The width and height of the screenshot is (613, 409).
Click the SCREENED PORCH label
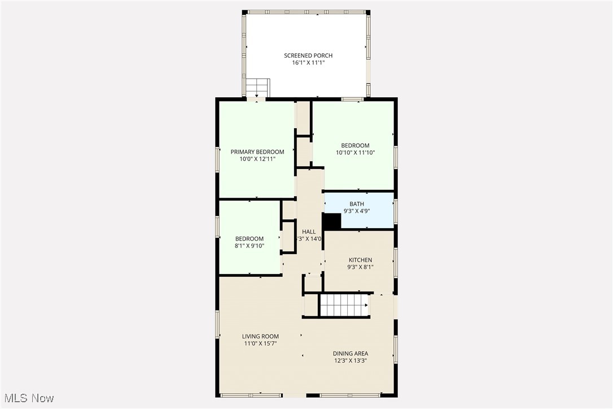click(308, 55)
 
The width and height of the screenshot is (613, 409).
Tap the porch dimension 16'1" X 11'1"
click(308, 63)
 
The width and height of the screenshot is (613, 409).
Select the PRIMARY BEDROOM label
click(257, 152)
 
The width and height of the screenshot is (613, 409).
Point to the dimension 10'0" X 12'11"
click(257, 159)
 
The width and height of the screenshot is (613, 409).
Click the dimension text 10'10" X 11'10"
click(356, 153)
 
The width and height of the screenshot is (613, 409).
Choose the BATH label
click(357, 204)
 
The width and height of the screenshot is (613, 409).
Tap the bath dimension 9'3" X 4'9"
click(357, 211)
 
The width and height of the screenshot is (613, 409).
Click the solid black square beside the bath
click(331, 221)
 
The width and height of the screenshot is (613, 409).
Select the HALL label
click(309, 232)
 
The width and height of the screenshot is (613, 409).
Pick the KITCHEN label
click(360, 260)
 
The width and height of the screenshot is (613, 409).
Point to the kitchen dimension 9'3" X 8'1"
click(360, 267)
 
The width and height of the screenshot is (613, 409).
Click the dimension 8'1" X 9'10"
click(249, 246)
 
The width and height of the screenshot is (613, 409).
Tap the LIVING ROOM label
click(260, 336)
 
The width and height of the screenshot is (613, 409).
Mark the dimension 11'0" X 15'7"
click(260, 343)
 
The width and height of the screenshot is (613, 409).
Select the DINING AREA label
click(350, 354)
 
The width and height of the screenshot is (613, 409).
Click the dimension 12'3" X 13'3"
click(350, 361)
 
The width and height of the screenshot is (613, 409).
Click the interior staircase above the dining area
click(344, 306)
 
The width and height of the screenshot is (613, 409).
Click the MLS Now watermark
click(27, 398)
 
